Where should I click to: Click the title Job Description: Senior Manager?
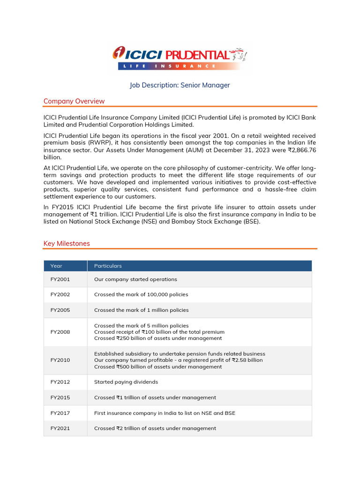tap(180, 85)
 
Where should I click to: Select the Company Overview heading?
tap(74, 101)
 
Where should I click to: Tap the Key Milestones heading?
tap(67, 244)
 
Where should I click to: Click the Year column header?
tap(56, 266)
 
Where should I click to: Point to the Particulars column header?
tap(108, 266)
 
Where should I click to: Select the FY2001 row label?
tap(60, 279)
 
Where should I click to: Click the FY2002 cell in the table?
tap(60, 295)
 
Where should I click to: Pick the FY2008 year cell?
tap(60, 332)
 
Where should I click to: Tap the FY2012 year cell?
tap(60, 382)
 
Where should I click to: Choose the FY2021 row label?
tap(60, 428)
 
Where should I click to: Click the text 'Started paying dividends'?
tap(126, 382)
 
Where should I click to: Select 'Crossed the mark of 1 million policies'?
tap(141, 310)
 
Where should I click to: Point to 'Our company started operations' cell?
tap(135, 279)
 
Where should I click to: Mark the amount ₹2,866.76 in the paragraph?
tap(300, 150)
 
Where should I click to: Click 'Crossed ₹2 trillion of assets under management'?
tap(155, 428)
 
